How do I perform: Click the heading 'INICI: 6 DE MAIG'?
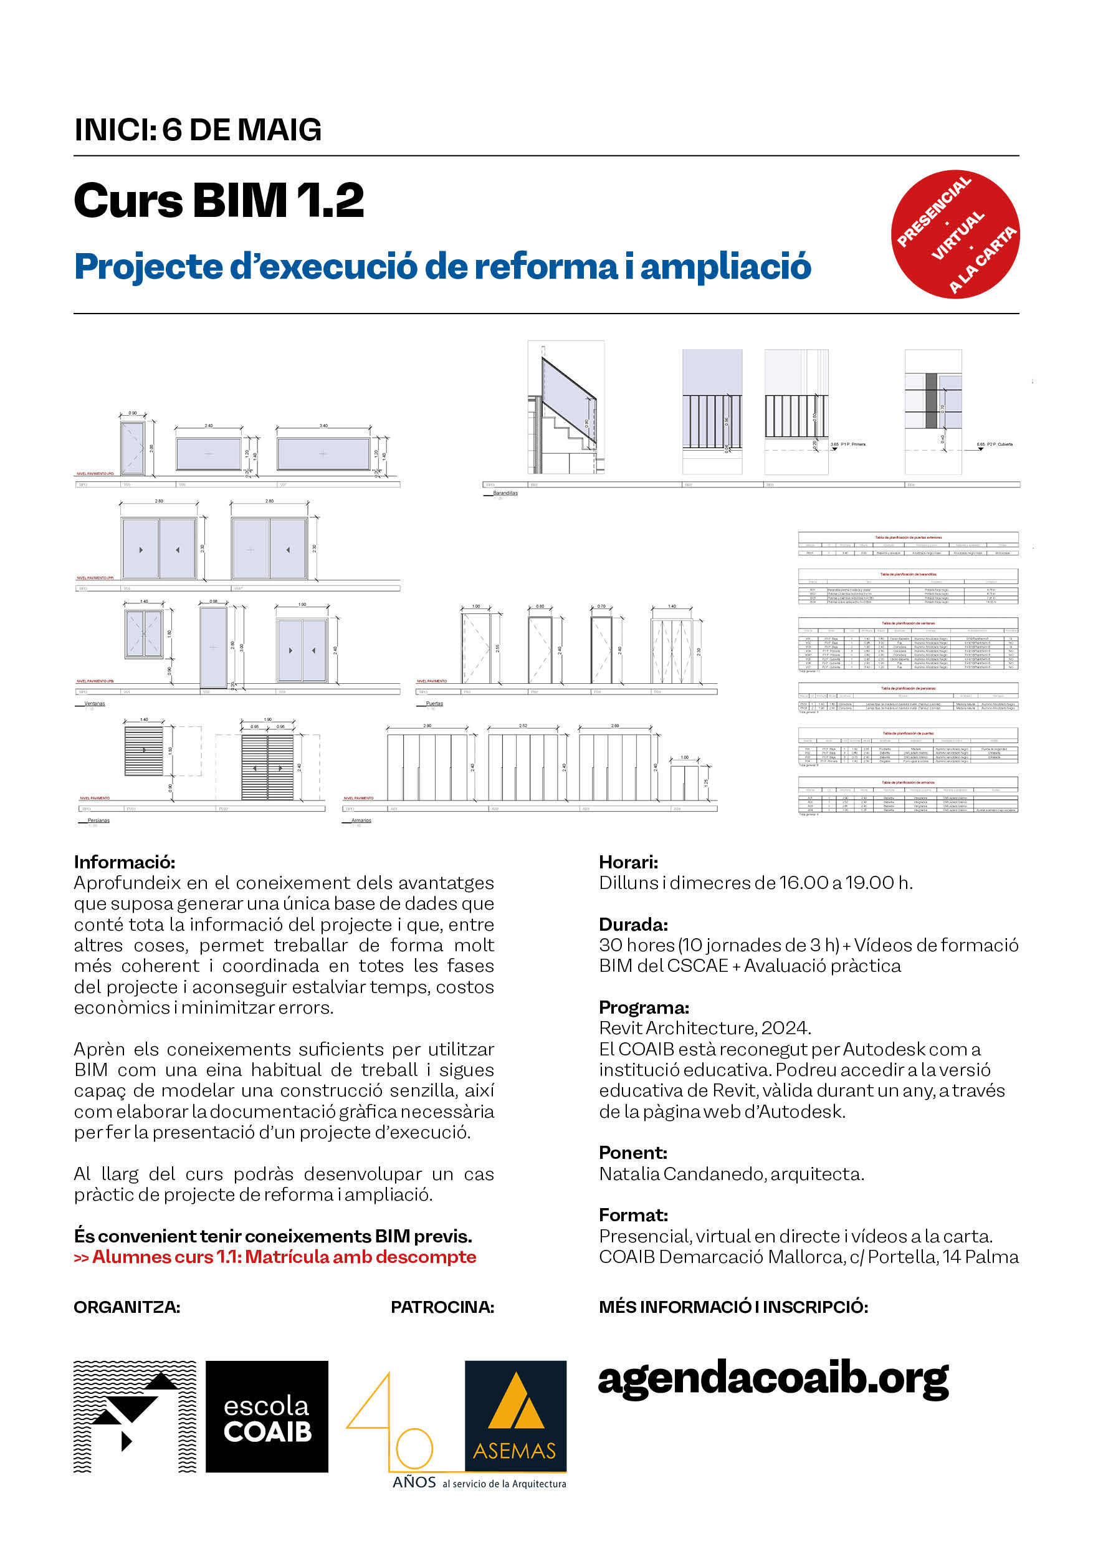(198, 130)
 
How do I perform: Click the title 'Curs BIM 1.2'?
(219, 201)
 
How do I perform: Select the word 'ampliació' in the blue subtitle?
(725, 267)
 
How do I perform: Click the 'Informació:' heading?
(125, 862)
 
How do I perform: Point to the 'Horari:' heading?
(629, 862)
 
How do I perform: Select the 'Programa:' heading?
(644, 1007)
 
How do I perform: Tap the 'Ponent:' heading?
(633, 1153)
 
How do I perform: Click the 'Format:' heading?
(633, 1216)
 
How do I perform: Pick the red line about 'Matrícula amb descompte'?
(275, 1257)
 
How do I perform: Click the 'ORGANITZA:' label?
(126, 1307)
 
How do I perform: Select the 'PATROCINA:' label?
(442, 1307)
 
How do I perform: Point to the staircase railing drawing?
(566, 407)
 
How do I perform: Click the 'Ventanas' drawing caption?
(94, 704)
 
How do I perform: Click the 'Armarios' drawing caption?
(361, 820)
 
